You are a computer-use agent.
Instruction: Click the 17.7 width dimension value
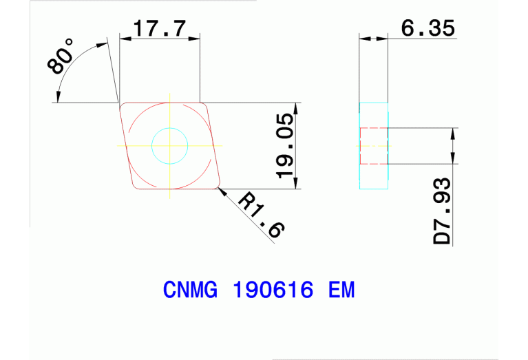click(x=160, y=29)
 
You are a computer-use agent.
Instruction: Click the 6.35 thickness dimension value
click(x=427, y=29)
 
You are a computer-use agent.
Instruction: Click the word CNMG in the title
click(x=190, y=290)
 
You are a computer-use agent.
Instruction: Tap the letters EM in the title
click(x=341, y=290)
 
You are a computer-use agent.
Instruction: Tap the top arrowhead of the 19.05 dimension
click(x=297, y=107)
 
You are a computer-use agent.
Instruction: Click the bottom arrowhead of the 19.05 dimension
click(x=297, y=184)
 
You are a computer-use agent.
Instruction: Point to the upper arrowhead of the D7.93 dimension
click(x=452, y=132)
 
